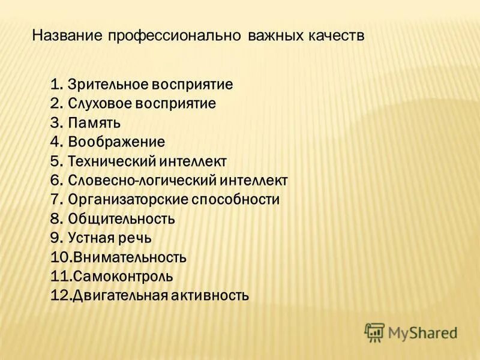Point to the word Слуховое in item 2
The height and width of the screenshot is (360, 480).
(100, 103)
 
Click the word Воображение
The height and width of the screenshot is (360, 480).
(116, 142)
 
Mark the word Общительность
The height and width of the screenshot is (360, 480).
(121, 218)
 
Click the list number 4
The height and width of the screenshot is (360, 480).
(55, 142)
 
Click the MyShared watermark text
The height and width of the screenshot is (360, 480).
(422, 332)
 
